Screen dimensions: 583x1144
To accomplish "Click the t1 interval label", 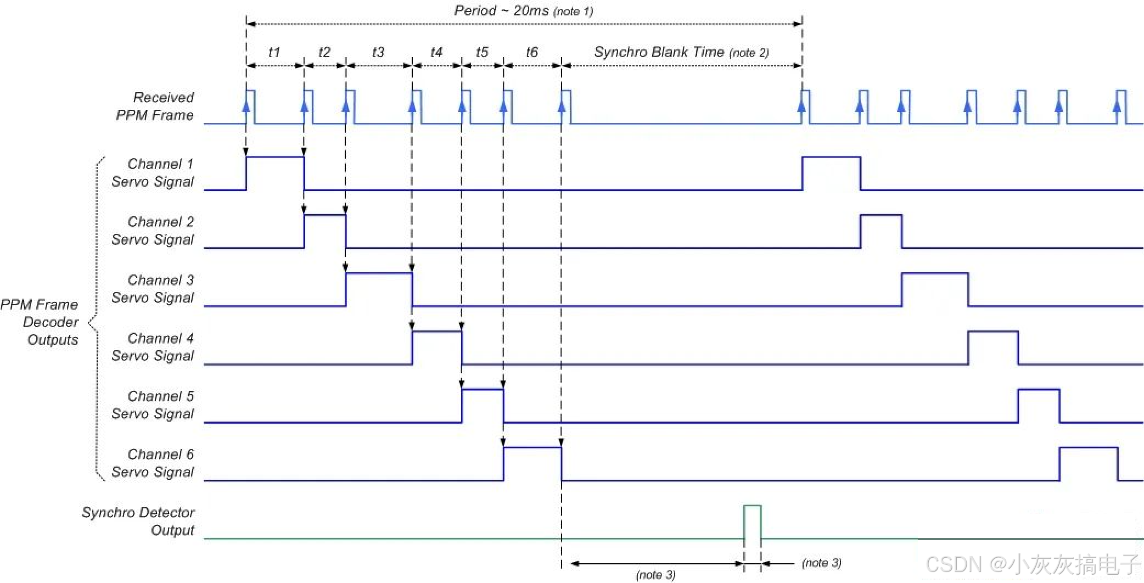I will (x=274, y=52).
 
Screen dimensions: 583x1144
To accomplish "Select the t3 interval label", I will (x=378, y=52).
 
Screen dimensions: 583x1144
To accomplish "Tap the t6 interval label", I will (x=531, y=52).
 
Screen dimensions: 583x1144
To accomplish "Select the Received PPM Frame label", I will (x=155, y=106).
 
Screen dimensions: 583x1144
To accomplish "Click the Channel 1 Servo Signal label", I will (x=153, y=173).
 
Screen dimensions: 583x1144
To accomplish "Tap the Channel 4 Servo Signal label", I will (x=153, y=347).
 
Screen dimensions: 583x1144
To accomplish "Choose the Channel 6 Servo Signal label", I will (x=153, y=463).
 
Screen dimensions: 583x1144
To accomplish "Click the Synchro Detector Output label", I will (x=139, y=521).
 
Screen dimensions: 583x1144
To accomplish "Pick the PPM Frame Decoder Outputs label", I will (x=40, y=322).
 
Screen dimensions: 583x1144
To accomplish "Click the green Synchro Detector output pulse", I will (x=752, y=522).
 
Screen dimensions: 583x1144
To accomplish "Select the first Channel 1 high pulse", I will (x=275, y=173).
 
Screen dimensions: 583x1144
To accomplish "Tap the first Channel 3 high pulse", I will (x=379, y=289).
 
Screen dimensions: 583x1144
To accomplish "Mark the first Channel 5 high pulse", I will (x=483, y=405).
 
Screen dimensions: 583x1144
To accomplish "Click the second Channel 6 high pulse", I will (x=1088, y=463).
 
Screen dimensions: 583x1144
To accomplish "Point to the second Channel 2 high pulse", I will (x=881, y=231).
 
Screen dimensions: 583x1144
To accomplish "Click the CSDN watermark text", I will (x=1032, y=564).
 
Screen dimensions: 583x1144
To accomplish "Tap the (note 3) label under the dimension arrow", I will (x=655, y=575).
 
